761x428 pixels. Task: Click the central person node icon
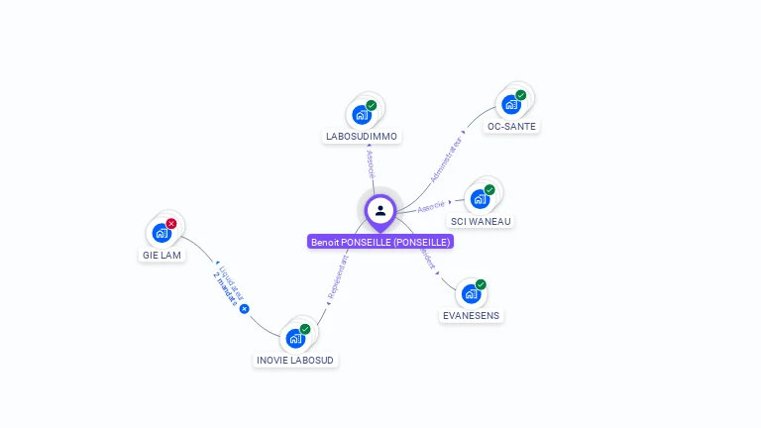click(x=380, y=210)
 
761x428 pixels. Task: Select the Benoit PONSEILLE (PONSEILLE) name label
click(x=380, y=242)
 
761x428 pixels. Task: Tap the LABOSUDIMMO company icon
click(x=362, y=114)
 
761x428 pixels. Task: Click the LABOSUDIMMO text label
click(x=363, y=137)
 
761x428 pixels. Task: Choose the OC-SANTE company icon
click(x=511, y=104)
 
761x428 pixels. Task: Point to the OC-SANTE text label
click(x=512, y=127)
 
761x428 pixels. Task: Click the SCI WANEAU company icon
click(x=480, y=198)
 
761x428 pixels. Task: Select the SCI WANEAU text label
click(x=481, y=221)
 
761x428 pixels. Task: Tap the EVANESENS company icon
click(x=471, y=293)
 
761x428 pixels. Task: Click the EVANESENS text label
click(x=472, y=315)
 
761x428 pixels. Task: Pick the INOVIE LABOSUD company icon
click(x=295, y=338)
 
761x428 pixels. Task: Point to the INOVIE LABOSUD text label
click(x=295, y=360)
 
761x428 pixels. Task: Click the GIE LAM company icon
click(x=162, y=233)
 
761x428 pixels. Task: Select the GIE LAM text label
click(x=162, y=255)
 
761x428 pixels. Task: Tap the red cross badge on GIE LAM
click(x=171, y=224)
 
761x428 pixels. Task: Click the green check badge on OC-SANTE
click(x=521, y=95)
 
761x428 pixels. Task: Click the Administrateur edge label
click(x=447, y=159)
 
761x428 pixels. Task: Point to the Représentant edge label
click(x=337, y=277)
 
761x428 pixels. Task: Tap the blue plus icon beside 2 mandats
click(x=244, y=308)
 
